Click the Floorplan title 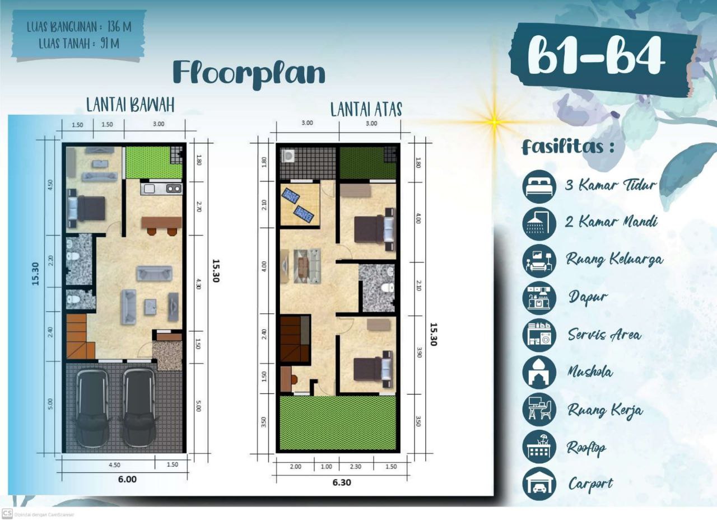click(249, 73)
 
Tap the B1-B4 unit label click(596, 57)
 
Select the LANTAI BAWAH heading click(130, 105)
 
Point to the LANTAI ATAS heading click(366, 109)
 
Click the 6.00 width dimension click(127, 479)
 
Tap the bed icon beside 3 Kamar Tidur click(539, 186)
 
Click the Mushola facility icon click(539, 372)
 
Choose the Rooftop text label click(586, 448)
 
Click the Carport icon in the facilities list click(539, 484)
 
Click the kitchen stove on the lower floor click(174, 189)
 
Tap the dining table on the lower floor click(161, 222)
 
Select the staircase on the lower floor click(77, 336)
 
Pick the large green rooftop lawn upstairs click(338, 423)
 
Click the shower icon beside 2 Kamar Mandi click(539, 223)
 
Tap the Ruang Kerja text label click(604, 410)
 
